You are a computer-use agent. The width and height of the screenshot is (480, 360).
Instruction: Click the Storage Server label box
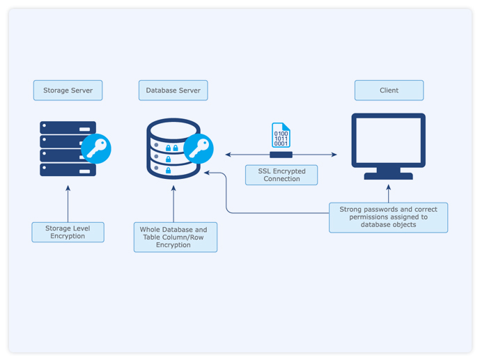pos(68,91)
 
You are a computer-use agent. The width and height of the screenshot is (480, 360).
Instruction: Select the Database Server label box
pos(173,91)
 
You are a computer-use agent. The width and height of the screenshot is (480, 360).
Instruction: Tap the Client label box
pos(389,91)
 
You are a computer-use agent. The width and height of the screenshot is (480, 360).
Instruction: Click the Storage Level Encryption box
pos(68,232)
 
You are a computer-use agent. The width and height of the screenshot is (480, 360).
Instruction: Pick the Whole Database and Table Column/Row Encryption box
pos(175,237)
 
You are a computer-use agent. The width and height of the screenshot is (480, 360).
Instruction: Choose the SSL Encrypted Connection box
pos(281,175)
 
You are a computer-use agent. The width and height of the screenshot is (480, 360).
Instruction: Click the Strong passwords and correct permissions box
pos(388,217)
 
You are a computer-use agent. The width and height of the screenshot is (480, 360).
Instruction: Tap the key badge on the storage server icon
pos(96,148)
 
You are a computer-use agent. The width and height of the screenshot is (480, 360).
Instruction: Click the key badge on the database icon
pos(199,148)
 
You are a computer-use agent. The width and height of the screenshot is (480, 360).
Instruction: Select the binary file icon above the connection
pos(281,135)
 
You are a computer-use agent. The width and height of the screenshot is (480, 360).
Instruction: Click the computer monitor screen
pos(388,141)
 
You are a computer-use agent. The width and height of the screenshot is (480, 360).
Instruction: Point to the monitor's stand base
pos(388,176)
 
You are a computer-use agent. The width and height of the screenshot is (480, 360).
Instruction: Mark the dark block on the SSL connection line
pos(281,155)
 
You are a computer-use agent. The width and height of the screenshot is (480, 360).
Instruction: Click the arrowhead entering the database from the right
pos(208,172)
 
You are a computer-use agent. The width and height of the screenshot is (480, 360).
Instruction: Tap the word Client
pos(389,91)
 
